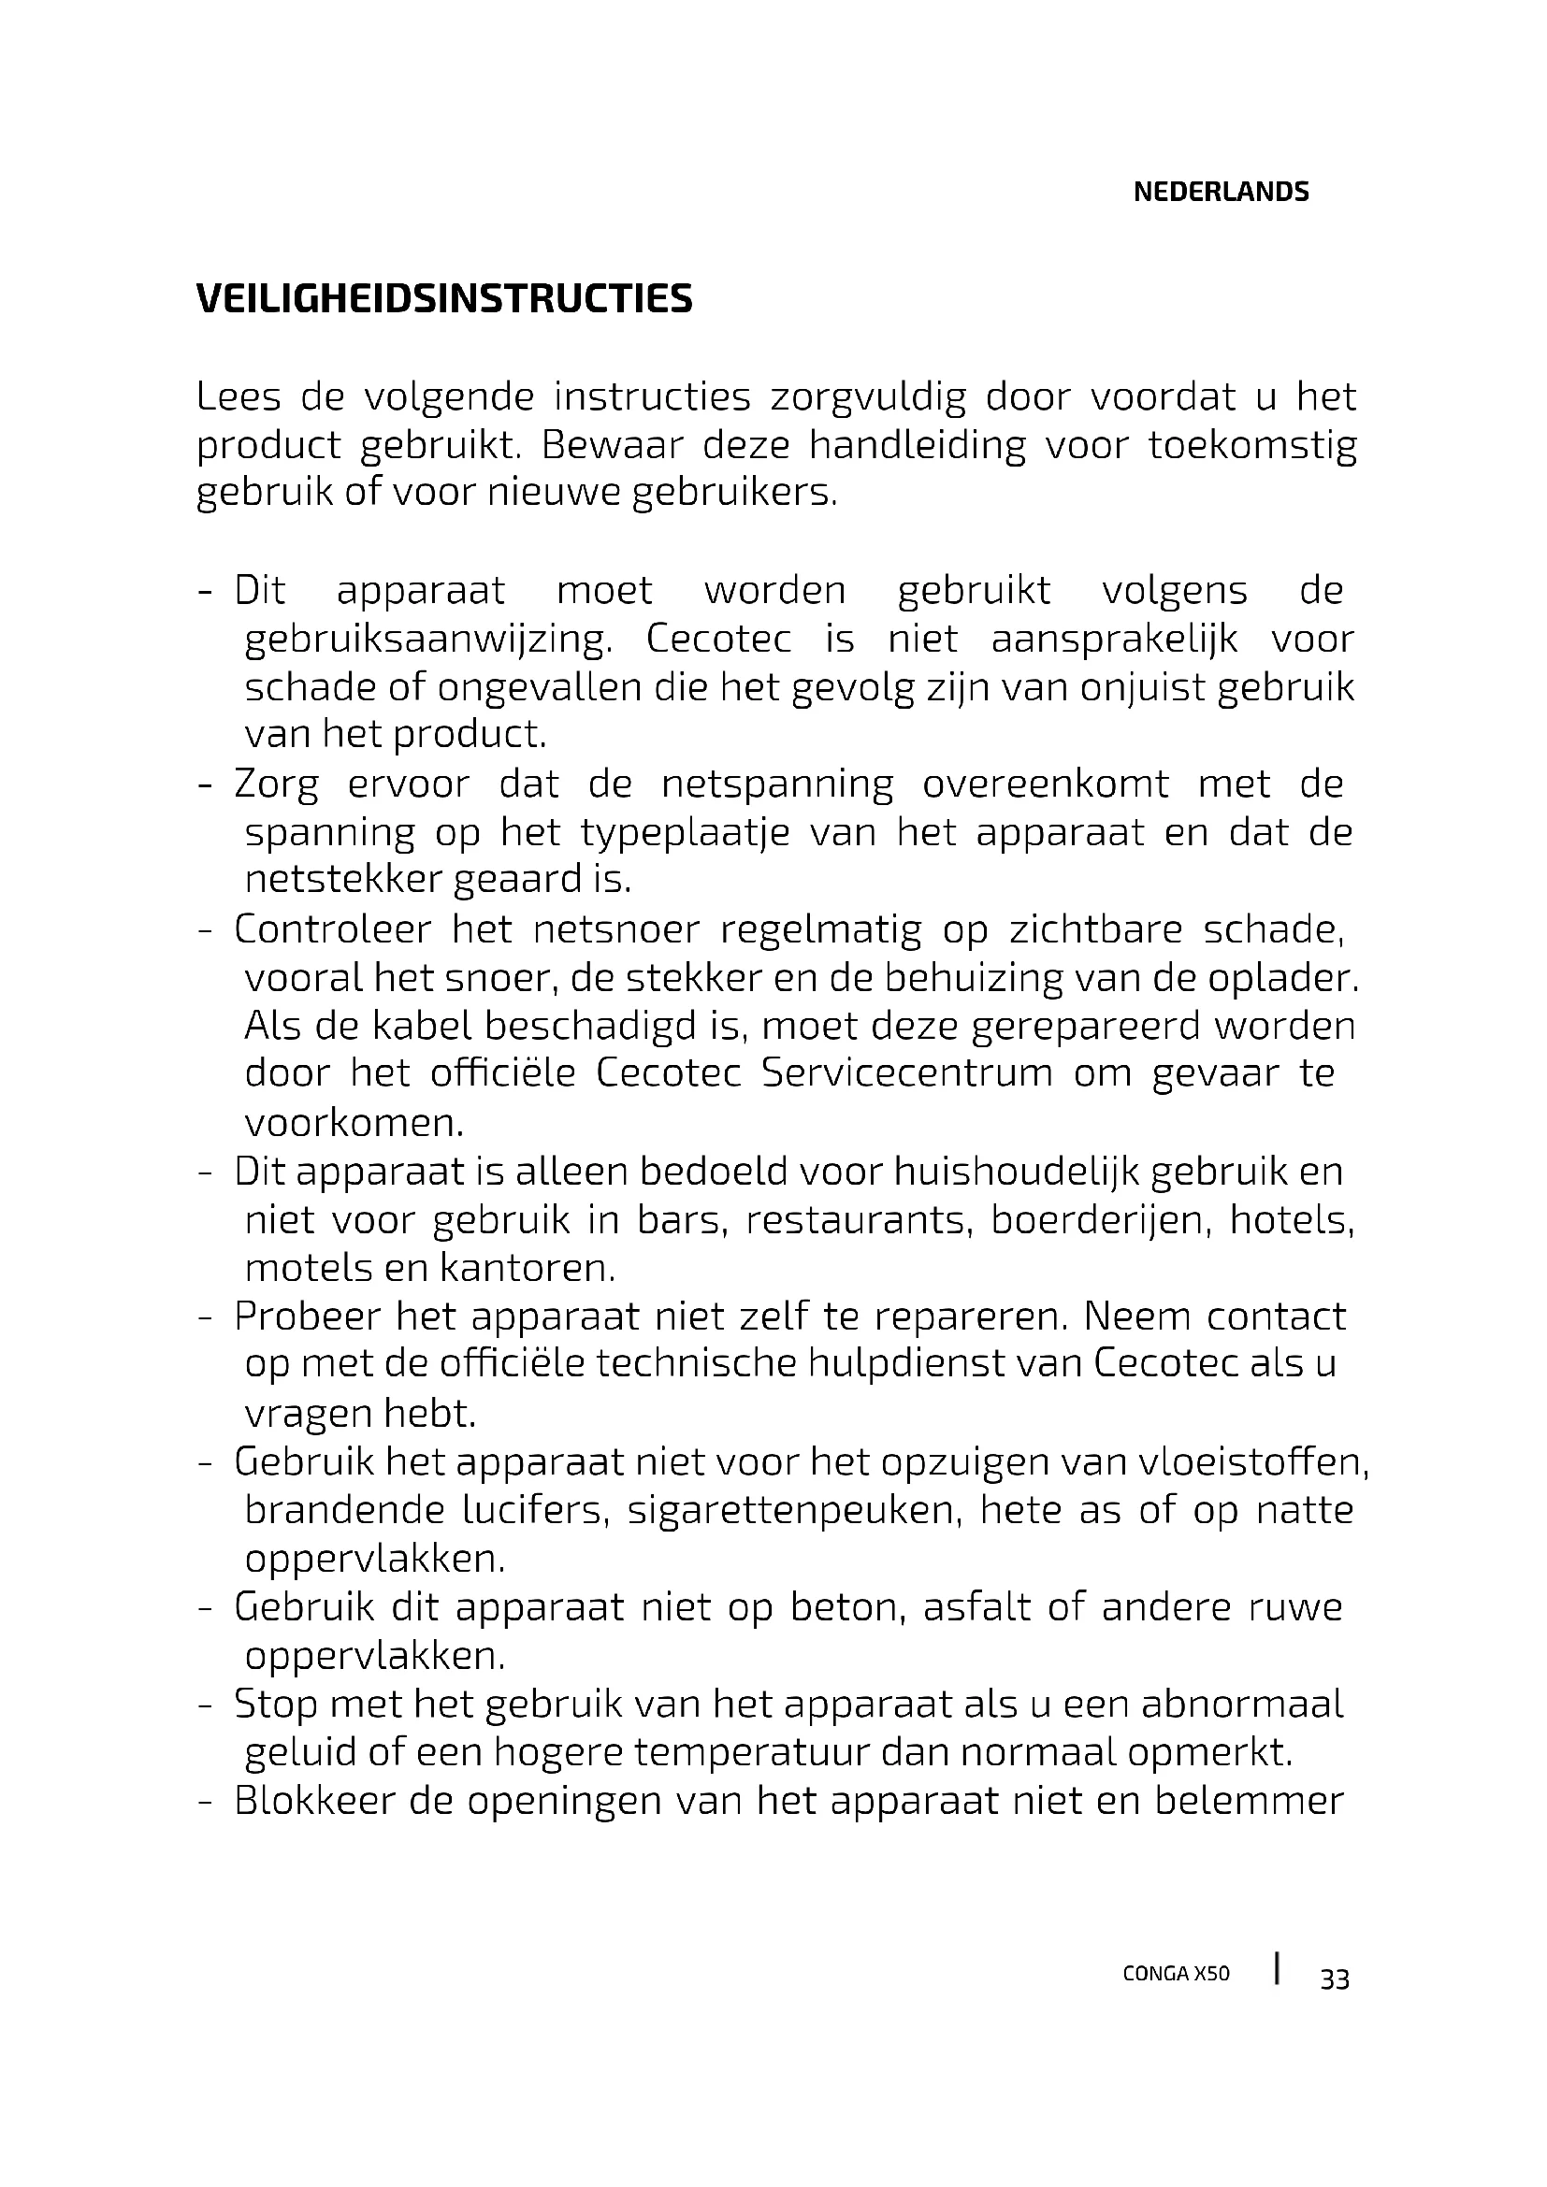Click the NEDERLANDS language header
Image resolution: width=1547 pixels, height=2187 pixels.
coord(1221,193)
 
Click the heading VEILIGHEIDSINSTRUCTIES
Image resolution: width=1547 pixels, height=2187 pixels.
coord(444,299)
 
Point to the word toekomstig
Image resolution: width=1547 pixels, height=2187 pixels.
coord(1251,446)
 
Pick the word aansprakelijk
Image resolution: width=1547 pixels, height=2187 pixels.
coord(1115,640)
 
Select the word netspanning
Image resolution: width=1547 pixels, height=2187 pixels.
coord(777,784)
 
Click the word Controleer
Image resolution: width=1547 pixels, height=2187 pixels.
coord(332,929)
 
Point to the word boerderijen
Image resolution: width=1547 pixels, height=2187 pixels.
coord(1100,1220)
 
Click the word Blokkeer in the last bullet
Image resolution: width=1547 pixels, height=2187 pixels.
coord(313,1801)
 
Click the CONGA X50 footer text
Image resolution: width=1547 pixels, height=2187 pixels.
coord(1176,1974)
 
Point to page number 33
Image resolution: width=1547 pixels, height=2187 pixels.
coord(1334,1980)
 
